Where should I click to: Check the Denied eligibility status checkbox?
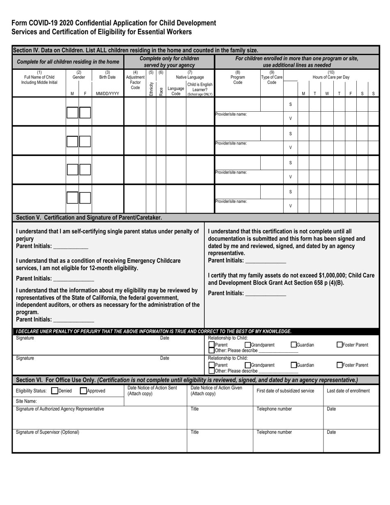[55, 391]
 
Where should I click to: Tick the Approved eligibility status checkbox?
[83, 391]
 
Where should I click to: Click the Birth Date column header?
[108, 75]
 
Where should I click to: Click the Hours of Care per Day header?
[331, 75]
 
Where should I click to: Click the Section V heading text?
[89, 218]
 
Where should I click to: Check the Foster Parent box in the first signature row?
[340, 345]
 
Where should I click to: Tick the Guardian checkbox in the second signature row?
[294, 365]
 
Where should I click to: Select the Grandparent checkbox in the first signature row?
[248, 345]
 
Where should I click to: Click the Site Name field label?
[26, 401]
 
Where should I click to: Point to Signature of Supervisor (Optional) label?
[47, 432]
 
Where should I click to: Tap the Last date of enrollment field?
[348, 390]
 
